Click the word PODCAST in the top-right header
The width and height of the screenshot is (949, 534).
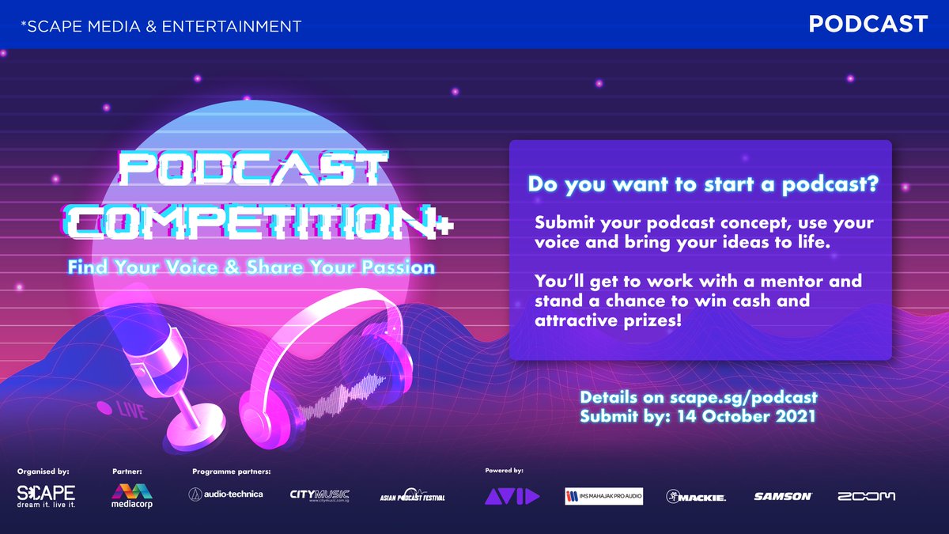[868, 25]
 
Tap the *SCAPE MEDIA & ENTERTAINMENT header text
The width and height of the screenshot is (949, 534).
[161, 26]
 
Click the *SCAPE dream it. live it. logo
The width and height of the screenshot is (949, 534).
[46, 497]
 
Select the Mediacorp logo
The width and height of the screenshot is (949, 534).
[132, 496]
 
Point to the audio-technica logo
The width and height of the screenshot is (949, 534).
[225, 494]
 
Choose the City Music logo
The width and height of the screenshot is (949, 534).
[319, 496]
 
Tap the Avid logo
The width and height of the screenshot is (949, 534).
[512, 496]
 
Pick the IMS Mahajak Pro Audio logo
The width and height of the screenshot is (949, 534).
[603, 496]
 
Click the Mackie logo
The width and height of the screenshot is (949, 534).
[696, 496]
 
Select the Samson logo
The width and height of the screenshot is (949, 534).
[782, 496]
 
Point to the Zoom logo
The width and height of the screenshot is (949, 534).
[867, 496]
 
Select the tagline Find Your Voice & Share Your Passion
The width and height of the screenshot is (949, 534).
[251, 267]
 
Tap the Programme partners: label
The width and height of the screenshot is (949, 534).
[231, 472]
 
